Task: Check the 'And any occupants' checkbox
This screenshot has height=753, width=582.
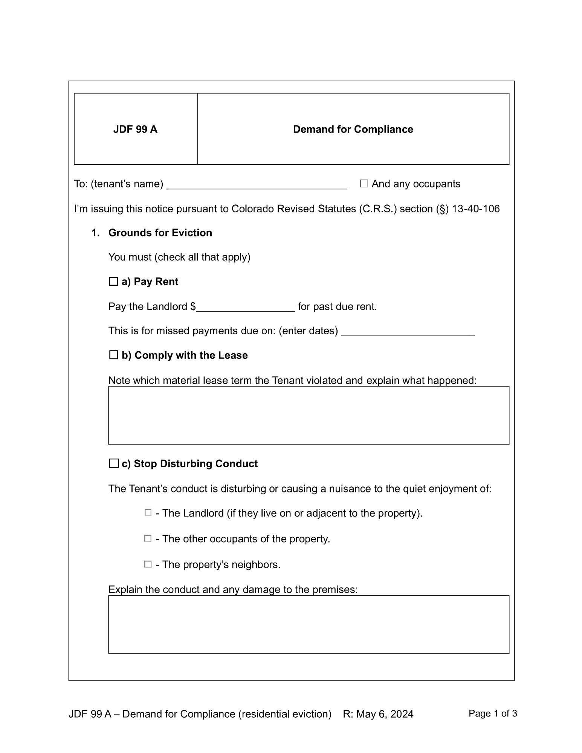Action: (364, 184)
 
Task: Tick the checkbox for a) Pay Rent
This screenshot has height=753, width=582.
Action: (113, 282)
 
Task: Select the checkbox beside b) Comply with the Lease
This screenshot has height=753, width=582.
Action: (113, 355)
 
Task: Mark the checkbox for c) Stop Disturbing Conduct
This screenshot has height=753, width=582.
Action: (113, 463)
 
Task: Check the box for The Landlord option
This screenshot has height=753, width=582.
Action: (148, 513)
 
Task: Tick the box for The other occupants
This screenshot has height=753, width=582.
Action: (148, 539)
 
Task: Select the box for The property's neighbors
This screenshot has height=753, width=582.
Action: (148, 564)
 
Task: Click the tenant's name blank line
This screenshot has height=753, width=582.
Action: (256, 184)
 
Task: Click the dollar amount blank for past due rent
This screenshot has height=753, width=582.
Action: (245, 307)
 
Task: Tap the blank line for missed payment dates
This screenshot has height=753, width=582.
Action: (408, 331)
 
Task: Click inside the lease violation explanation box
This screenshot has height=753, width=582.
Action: (309, 415)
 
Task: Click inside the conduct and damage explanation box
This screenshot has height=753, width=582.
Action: (309, 624)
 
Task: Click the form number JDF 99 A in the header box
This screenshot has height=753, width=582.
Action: (135, 130)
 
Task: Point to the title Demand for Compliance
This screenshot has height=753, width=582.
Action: (353, 130)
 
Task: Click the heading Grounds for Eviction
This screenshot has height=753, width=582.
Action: (160, 233)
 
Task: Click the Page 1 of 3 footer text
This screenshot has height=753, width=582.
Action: (493, 713)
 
